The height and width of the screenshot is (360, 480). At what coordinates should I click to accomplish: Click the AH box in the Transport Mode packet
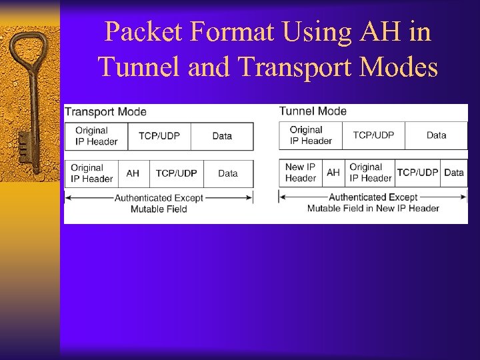pos(133,173)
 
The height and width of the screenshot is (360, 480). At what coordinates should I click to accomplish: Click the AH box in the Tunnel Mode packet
pos(333,173)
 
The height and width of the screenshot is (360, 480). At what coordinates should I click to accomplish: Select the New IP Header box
pos(301,173)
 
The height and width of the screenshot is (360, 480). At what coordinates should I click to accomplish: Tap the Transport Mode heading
pos(105,112)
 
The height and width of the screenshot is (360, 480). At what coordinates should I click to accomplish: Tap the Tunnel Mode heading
pos(313,111)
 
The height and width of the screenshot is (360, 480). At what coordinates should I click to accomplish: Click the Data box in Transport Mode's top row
pos(222,136)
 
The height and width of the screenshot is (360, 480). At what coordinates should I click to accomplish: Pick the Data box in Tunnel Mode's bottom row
pos(454,173)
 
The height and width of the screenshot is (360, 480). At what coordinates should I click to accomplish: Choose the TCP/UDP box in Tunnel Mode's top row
pos(373,135)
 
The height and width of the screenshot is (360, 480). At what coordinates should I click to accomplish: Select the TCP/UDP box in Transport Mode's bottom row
pos(177,173)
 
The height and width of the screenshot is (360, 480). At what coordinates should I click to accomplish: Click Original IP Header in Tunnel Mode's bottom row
pos(370,173)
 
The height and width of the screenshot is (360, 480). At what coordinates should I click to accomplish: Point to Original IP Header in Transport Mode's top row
pos(96,136)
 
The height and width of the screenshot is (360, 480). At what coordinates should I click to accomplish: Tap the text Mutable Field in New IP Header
pos(373,208)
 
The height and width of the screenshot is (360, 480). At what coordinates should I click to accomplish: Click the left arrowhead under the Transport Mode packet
pos(68,197)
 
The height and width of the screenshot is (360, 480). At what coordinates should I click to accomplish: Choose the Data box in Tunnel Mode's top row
pos(436,135)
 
